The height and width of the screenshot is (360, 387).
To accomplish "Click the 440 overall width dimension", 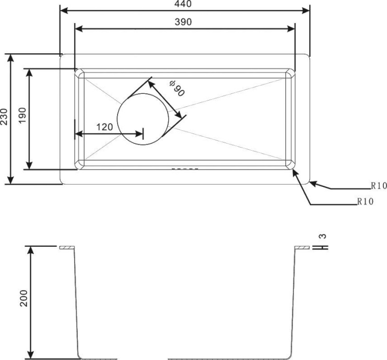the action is [x=183, y=4].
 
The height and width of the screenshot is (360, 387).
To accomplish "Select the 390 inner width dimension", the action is [x=183, y=22].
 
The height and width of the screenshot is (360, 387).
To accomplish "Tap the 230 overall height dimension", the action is [x=4, y=117].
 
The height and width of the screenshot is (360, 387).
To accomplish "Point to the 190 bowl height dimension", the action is [x=22, y=116].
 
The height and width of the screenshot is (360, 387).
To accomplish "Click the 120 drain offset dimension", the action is [x=104, y=127].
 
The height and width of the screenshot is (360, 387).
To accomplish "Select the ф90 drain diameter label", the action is [x=177, y=88].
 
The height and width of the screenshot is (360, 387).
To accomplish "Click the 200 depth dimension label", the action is [x=24, y=298].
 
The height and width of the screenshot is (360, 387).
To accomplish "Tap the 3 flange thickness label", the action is [x=323, y=236].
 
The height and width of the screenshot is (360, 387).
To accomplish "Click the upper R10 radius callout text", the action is [x=379, y=186].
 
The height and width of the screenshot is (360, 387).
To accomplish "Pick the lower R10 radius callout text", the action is [x=366, y=201].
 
